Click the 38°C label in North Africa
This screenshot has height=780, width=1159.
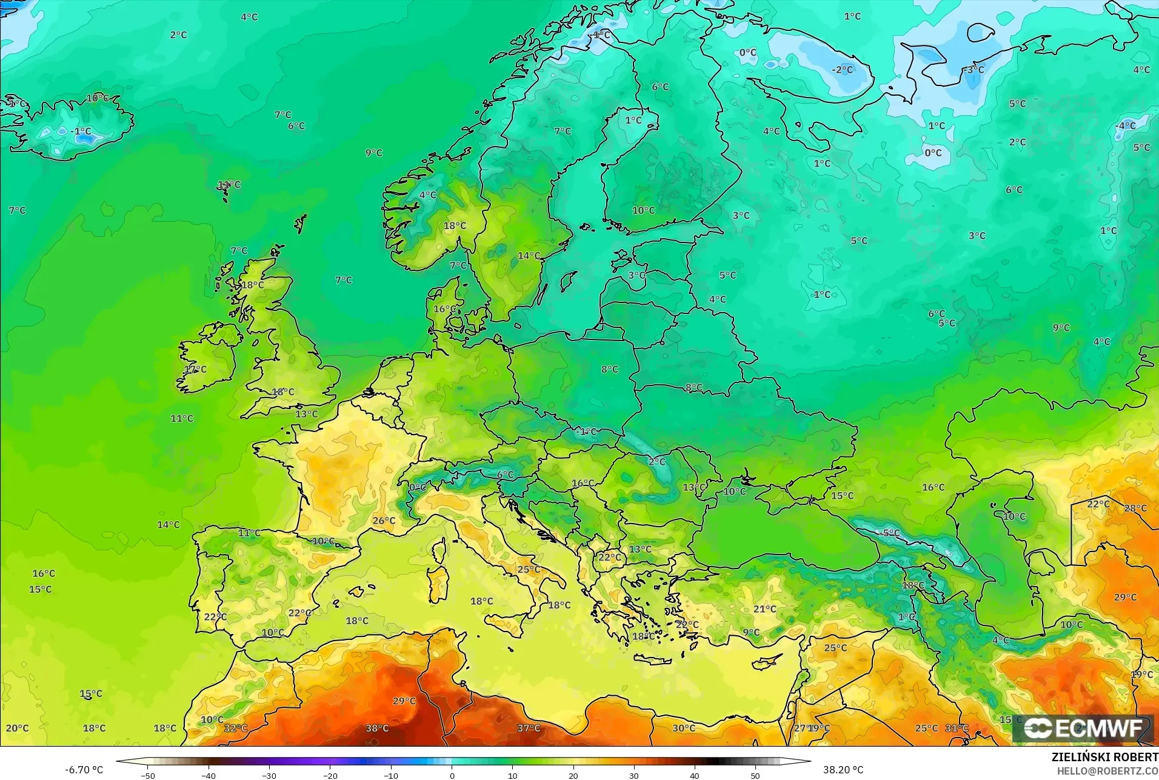[x=377, y=728]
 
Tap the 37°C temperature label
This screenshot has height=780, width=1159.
[x=529, y=728]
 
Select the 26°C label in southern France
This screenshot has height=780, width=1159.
[x=384, y=521]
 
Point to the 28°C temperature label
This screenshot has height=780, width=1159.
[x=1135, y=508]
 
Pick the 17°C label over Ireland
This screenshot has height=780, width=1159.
[x=195, y=369]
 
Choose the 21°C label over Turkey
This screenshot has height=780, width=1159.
[x=764, y=608]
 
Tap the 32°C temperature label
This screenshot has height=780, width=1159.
[x=236, y=728]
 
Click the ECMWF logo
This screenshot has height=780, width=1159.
[x=1083, y=728]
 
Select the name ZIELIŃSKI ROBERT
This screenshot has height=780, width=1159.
[x=1104, y=758]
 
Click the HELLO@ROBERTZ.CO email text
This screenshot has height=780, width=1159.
[x=1107, y=771]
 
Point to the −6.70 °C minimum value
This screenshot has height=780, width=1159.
[x=84, y=770]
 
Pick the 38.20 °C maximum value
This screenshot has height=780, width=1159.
[x=843, y=770]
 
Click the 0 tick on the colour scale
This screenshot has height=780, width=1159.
[x=452, y=775]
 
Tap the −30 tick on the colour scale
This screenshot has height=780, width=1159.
[x=269, y=775]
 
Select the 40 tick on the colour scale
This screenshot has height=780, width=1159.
[x=695, y=775]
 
